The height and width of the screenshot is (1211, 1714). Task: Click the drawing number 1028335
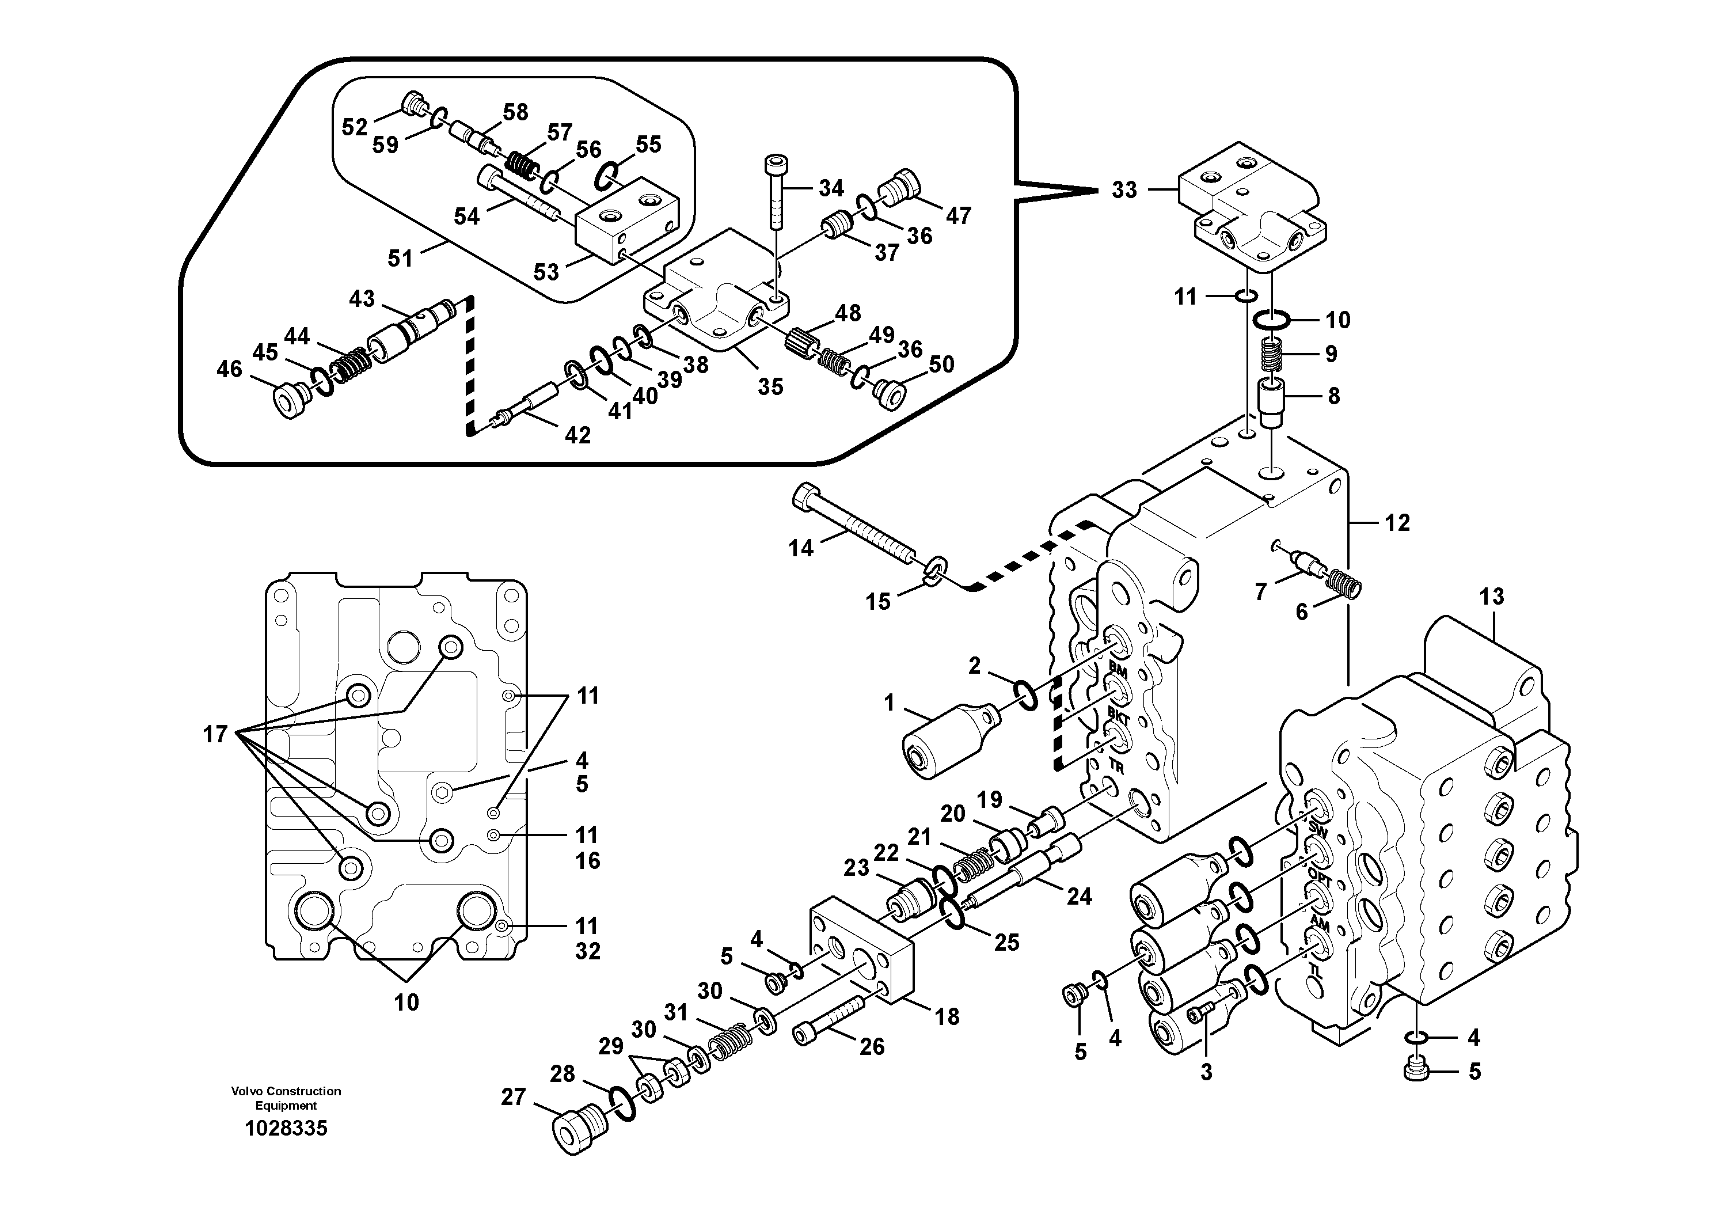point(286,1128)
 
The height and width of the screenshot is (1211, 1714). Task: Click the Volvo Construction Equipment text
point(286,1098)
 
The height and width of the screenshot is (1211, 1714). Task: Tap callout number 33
point(1123,189)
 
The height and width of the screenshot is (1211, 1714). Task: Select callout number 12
point(1397,523)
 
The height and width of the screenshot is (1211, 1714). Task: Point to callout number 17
point(215,735)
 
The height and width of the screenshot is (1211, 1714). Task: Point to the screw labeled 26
point(831,1022)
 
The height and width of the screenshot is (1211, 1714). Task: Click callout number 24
point(1079,896)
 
